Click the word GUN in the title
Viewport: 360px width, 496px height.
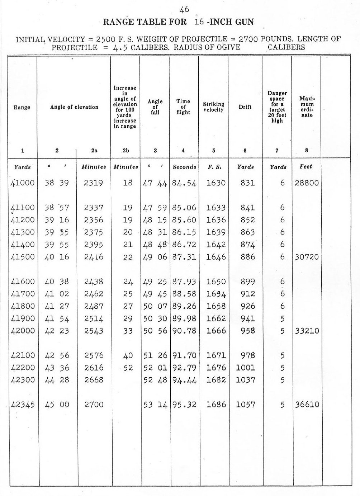point(244,22)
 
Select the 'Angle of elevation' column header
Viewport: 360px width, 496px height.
point(74,107)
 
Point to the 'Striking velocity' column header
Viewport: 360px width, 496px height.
point(214,107)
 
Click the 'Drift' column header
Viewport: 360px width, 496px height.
point(245,107)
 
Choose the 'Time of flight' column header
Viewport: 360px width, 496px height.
point(183,107)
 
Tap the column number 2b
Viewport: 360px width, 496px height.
point(125,151)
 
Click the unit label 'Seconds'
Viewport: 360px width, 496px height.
point(184,167)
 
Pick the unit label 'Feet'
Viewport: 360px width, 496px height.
point(306,166)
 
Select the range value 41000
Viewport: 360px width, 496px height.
point(23,183)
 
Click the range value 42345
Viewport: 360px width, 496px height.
point(23,405)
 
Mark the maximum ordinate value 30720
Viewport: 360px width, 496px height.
point(307,257)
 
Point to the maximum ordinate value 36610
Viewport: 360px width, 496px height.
point(307,405)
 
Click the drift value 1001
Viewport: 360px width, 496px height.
point(245,368)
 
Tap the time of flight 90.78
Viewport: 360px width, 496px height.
point(184,331)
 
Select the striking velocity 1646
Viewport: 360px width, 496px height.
point(216,257)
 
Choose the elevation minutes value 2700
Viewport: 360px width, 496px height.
point(94,405)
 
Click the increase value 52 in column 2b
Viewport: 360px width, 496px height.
point(128,368)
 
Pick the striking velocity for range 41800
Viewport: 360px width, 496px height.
point(216,306)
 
